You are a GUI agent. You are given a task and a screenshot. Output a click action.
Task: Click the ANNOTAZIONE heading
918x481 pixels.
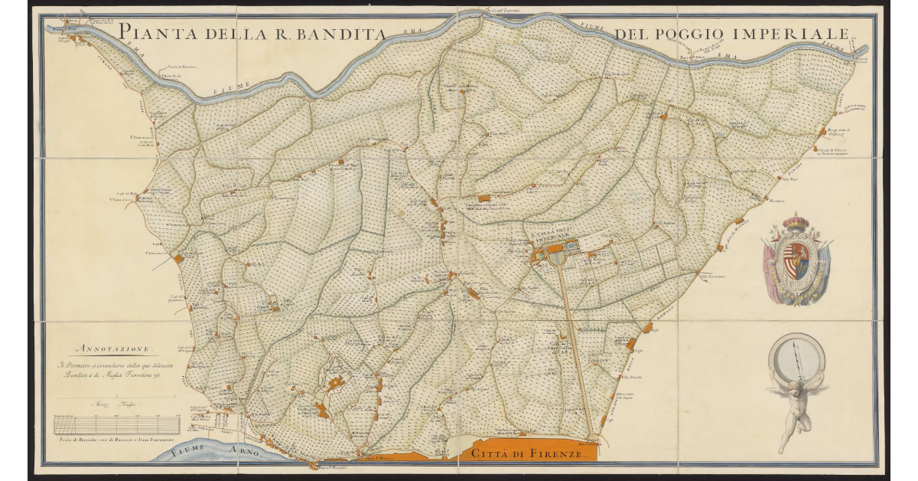(113, 348)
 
